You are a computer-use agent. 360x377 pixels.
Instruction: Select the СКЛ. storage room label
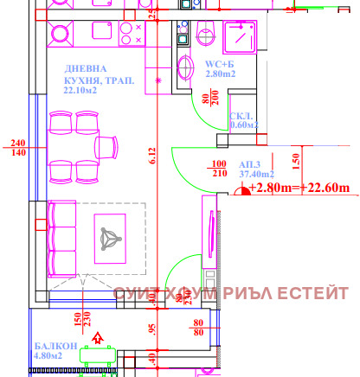[243, 119]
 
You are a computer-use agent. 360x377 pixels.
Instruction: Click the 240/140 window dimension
[16, 148]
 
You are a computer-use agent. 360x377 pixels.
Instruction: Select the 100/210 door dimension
[217, 169]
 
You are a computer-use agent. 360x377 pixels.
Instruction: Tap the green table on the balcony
[96, 353]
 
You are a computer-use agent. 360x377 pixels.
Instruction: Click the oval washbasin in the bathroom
[186, 67]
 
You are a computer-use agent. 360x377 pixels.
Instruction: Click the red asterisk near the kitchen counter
[157, 80]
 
